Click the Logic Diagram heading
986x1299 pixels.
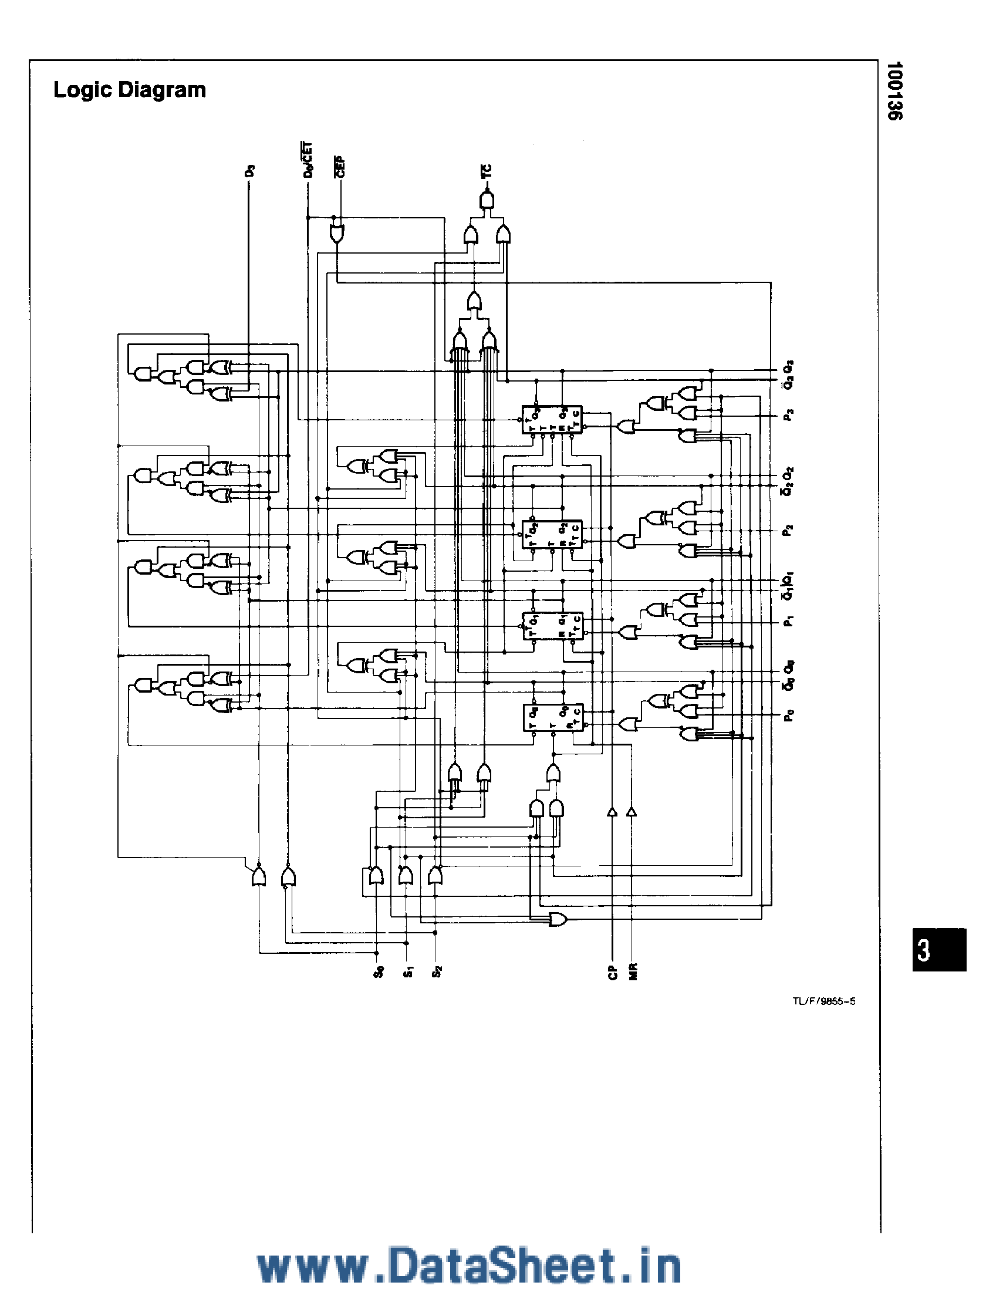[130, 90]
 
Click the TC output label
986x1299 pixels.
[487, 171]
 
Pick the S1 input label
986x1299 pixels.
[407, 972]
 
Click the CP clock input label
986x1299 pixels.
[613, 972]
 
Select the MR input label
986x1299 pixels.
[633, 972]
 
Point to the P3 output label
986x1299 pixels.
[789, 416]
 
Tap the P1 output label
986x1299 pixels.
[789, 620]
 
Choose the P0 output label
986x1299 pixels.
[789, 716]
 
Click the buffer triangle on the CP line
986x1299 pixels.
[612, 812]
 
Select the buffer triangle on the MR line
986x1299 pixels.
[632, 812]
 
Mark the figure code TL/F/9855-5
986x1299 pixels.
[823, 1002]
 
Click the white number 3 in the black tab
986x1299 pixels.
[924, 950]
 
